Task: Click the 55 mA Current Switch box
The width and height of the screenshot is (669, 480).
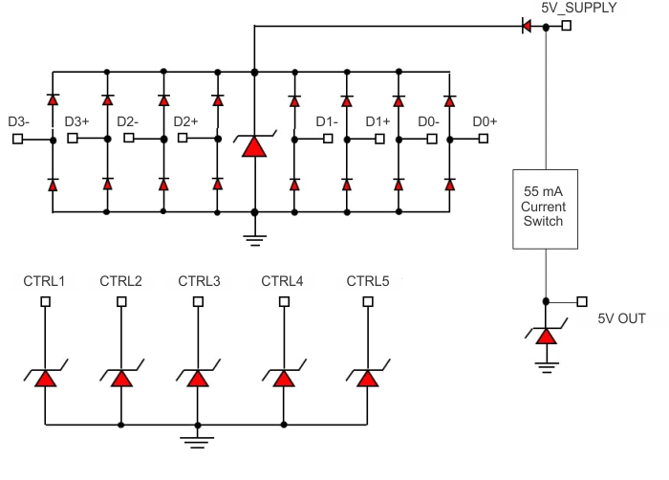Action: click(544, 207)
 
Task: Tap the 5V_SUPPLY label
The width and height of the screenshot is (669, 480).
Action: click(579, 8)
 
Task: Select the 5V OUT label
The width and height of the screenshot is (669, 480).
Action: click(621, 318)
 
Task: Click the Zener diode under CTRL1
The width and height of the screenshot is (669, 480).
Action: click(45, 377)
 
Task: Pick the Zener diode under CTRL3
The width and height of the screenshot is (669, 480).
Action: click(197, 377)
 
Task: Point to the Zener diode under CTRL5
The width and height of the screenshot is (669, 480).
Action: click(367, 377)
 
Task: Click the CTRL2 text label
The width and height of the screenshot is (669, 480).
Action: click(120, 281)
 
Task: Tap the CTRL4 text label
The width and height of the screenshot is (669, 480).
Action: click(283, 281)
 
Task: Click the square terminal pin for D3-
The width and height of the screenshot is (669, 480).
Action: click(17, 139)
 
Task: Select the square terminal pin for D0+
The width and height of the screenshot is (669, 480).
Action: click(484, 139)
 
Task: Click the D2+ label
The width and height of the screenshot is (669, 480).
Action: click(185, 121)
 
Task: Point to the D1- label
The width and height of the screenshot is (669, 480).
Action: click(328, 121)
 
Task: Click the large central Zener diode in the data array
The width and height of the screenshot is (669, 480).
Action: click(253, 144)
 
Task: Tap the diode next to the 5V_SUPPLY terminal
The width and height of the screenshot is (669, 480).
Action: click(526, 27)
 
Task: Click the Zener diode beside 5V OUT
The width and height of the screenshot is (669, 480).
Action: click(545, 335)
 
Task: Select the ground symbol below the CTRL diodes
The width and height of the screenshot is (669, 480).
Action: click(197, 441)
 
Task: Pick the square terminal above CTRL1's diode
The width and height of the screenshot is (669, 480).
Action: click(45, 302)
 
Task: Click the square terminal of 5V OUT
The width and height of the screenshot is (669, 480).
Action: click(581, 302)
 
